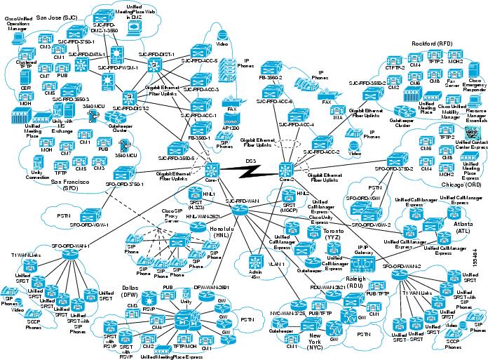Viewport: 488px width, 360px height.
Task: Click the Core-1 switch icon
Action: pos(212,169)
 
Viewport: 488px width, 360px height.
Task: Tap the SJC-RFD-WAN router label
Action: pos(243,200)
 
